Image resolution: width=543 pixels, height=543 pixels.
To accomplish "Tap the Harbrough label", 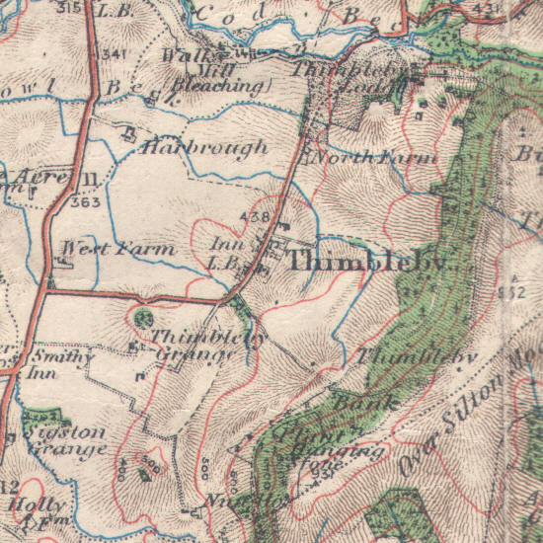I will [204, 148].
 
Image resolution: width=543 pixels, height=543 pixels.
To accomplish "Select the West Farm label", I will [117, 248].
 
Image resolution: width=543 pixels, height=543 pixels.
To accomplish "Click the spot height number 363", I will [86, 201].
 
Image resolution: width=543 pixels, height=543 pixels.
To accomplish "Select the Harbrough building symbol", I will [128, 135].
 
